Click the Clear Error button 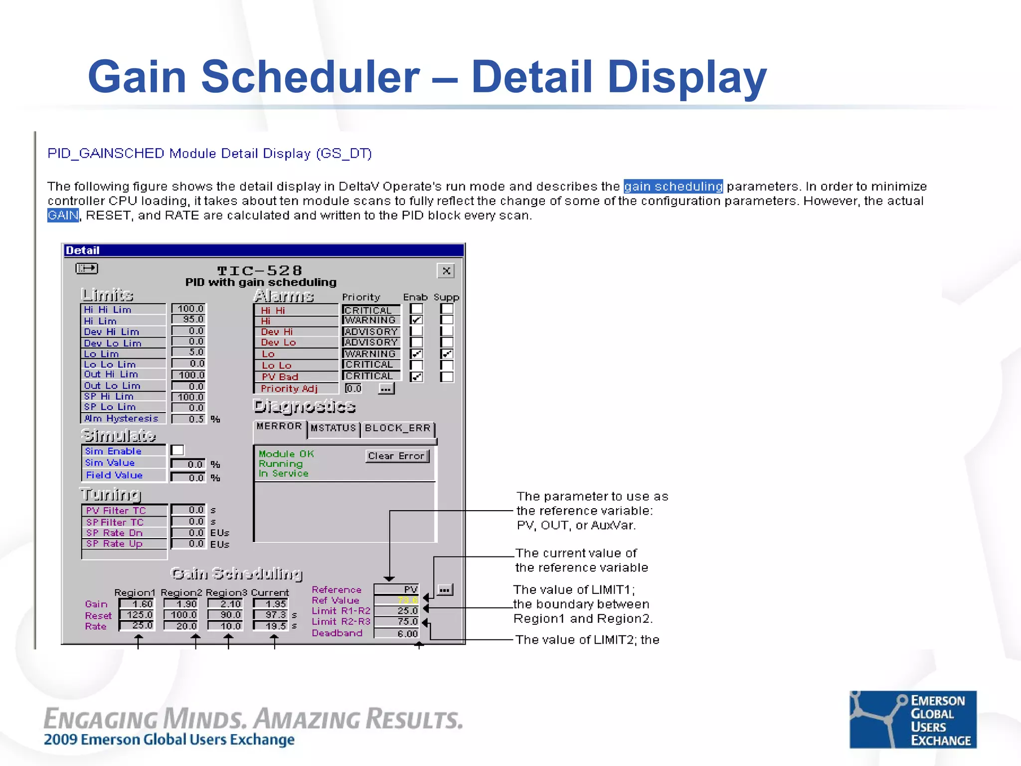pyautogui.click(x=397, y=456)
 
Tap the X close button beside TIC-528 pyautogui.click(x=446, y=271)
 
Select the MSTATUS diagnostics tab pyautogui.click(x=333, y=428)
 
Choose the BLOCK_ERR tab pyautogui.click(x=397, y=428)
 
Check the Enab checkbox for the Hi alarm pyautogui.click(x=417, y=320)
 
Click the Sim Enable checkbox pyautogui.click(x=177, y=450)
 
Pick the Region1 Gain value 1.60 pyautogui.click(x=138, y=604)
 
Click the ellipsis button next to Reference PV pyautogui.click(x=445, y=590)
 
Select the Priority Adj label pyautogui.click(x=289, y=388)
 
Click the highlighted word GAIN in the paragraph pyautogui.click(x=63, y=215)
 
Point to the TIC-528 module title pyautogui.click(x=260, y=270)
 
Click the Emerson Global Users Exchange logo pyautogui.click(x=913, y=719)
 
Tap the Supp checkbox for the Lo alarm pyautogui.click(x=447, y=354)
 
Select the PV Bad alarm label pyautogui.click(x=280, y=377)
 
